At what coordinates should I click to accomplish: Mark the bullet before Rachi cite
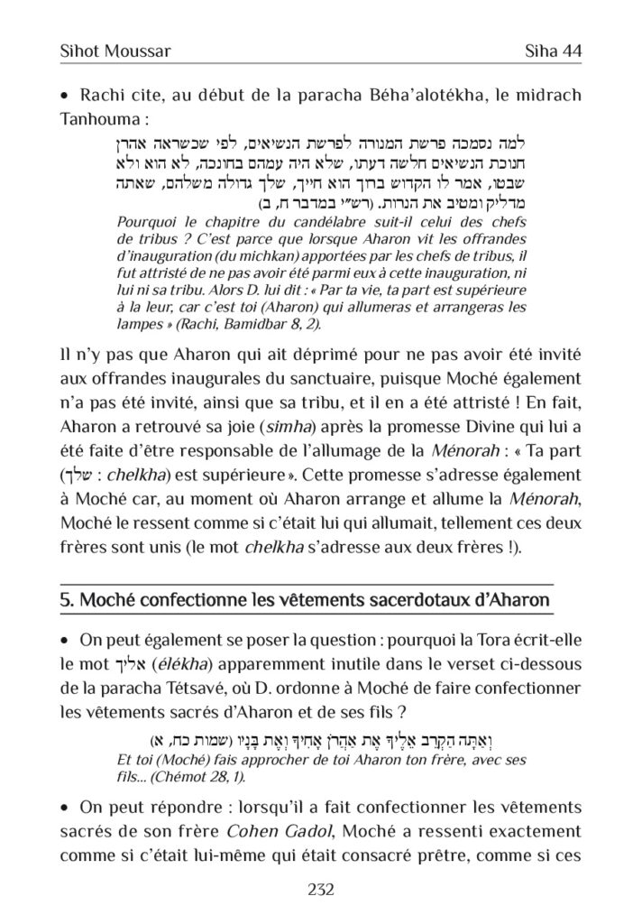tap(64, 96)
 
